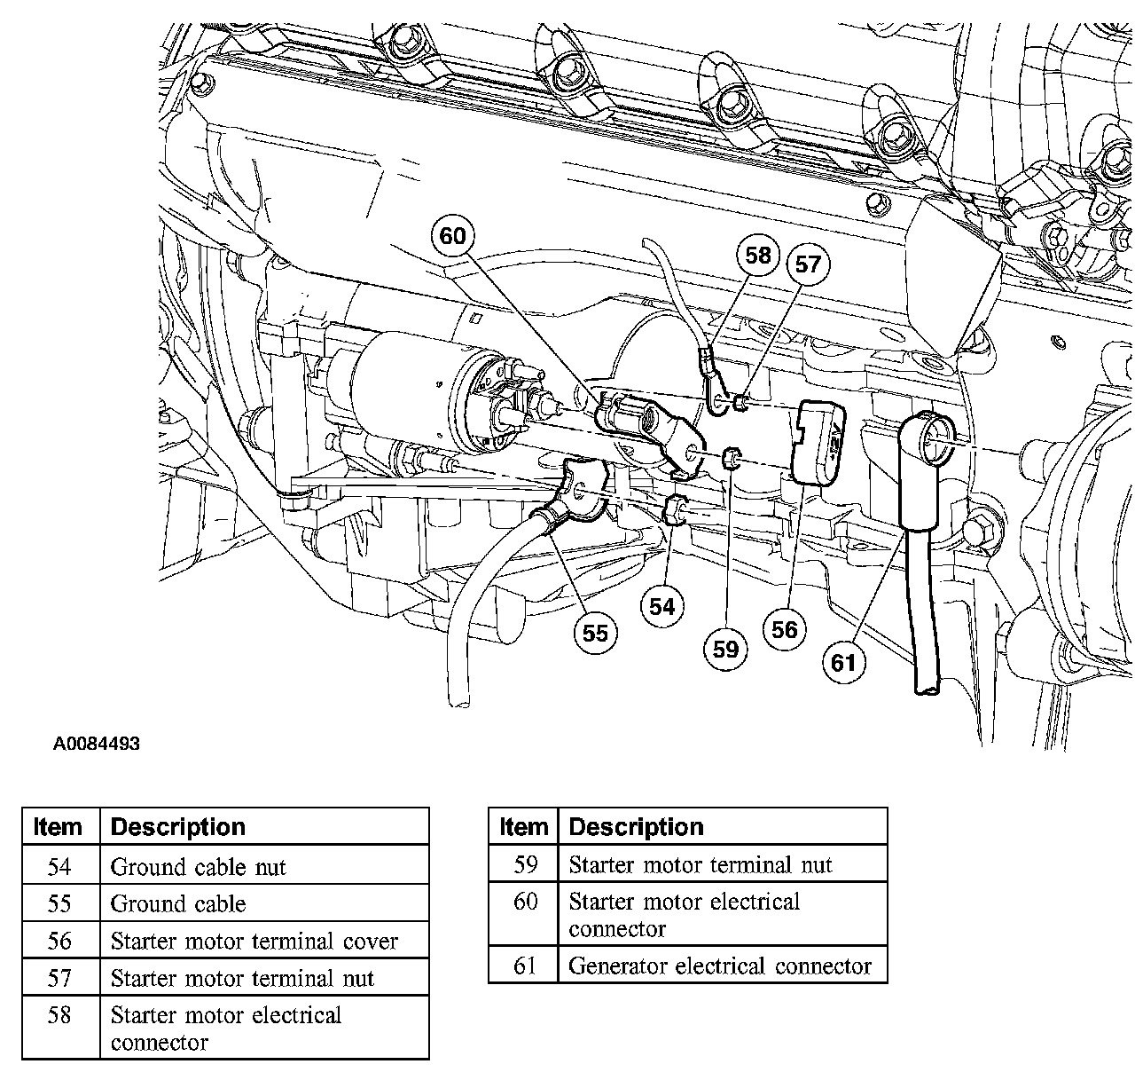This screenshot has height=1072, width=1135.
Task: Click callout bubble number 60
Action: point(452,236)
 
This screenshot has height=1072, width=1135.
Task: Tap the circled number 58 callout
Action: point(758,256)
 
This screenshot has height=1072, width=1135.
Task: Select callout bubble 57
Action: point(807,264)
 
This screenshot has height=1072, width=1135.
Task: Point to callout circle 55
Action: point(595,633)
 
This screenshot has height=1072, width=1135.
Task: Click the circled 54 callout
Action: point(661,607)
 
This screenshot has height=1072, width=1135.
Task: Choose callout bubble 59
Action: point(725,649)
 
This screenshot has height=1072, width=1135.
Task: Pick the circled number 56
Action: point(784,629)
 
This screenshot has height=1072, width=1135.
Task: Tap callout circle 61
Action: point(843,662)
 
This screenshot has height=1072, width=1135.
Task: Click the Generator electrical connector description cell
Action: point(720,966)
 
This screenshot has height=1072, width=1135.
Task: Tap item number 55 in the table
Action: point(59,904)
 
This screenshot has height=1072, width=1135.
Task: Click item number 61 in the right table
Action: point(526,966)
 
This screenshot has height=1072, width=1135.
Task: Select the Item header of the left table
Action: point(59,827)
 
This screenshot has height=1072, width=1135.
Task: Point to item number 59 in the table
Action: point(526,864)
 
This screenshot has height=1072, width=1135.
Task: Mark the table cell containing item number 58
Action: point(59,1015)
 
